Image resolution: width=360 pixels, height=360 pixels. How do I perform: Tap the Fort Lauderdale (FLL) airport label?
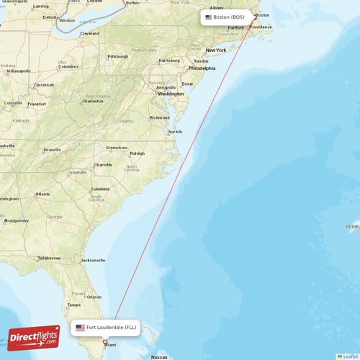click(x=111, y=328)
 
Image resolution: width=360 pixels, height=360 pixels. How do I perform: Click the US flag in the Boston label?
click(x=209, y=17)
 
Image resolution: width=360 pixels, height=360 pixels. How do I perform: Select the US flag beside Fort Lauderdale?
click(x=80, y=328)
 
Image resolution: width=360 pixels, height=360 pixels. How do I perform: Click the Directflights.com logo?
click(x=34, y=337)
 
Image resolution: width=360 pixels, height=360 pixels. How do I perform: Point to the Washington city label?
click(x=171, y=94)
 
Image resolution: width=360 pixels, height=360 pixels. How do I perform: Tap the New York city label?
click(x=215, y=50)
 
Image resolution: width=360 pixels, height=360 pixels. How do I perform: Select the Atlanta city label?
click(x=43, y=194)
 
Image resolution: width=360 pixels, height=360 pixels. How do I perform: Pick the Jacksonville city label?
click(x=94, y=260)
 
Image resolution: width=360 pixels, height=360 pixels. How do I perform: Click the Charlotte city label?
click(x=103, y=165)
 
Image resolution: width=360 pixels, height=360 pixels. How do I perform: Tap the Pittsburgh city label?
click(x=117, y=56)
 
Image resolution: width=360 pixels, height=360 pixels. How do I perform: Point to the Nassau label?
click(x=159, y=356)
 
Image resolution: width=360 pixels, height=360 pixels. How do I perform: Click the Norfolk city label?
click(x=175, y=132)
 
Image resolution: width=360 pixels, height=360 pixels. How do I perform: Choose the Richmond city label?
click(x=159, y=117)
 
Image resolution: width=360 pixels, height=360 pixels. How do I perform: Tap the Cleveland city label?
click(x=90, y=33)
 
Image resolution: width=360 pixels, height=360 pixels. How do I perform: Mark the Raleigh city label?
click(x=137, y=153)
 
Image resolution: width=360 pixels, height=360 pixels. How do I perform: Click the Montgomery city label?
click(x=15, y=220)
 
